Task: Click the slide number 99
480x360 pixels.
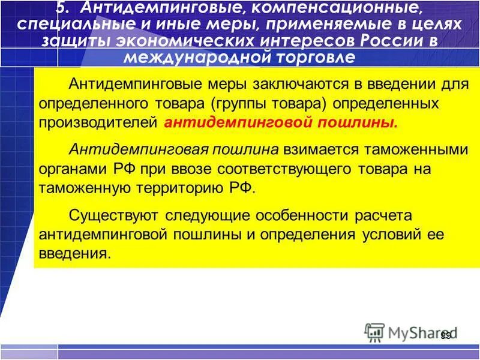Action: tap(445, 335)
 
